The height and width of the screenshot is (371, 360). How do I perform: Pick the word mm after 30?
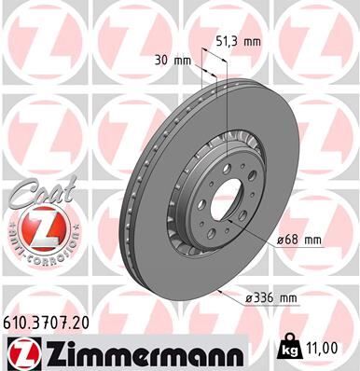pyautogui.click(x=183, y=61)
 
